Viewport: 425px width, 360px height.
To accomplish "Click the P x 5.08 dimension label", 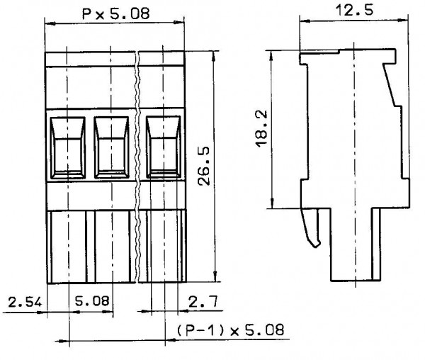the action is tap(115, 13).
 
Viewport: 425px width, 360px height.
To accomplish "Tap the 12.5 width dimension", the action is tap(354, 11).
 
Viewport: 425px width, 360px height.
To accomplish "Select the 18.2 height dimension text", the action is tap(261, 129).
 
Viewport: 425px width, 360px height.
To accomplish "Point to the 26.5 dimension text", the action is tap(204, 166).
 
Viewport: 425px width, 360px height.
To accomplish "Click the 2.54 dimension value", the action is tap(25, 302).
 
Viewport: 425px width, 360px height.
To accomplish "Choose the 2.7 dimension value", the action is tap(203, 301).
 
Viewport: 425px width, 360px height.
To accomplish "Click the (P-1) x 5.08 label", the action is tap(231, 330).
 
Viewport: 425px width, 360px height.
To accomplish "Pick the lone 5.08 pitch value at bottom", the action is tap(92, 300).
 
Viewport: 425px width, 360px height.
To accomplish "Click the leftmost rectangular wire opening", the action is tap(68, 147).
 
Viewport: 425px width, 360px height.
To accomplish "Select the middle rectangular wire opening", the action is tap(111, 147).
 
